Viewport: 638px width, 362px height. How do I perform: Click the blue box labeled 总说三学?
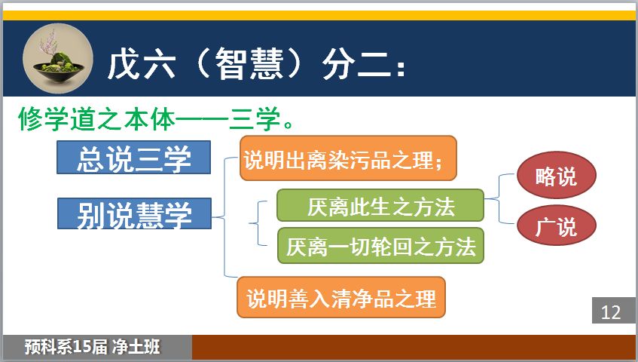(133, 157)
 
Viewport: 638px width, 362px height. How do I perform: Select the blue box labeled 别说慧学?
(134, 213)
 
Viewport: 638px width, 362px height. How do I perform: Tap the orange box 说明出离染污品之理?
(348, 158)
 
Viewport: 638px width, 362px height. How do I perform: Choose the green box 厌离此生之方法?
(380, 205)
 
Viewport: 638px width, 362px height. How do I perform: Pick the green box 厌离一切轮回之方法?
(380, 246)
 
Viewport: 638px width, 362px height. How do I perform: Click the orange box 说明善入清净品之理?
(341, 297)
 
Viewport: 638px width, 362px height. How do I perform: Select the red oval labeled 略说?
(556, 176)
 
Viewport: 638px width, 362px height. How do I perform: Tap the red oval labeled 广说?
(556, 225)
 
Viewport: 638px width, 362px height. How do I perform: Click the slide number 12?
(611, 312)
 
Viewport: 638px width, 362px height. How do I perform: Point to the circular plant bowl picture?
(58, 59)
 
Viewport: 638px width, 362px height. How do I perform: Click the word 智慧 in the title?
(249, 63)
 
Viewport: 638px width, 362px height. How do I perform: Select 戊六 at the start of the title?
(142, 63)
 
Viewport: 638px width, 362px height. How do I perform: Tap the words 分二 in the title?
(356, 64)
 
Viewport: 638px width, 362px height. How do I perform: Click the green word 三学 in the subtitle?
(255, 119)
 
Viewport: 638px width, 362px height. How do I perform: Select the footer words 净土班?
(136, 347)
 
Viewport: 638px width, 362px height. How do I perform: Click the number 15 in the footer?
(81, 347)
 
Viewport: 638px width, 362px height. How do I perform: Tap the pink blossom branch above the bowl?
(48, 44)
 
